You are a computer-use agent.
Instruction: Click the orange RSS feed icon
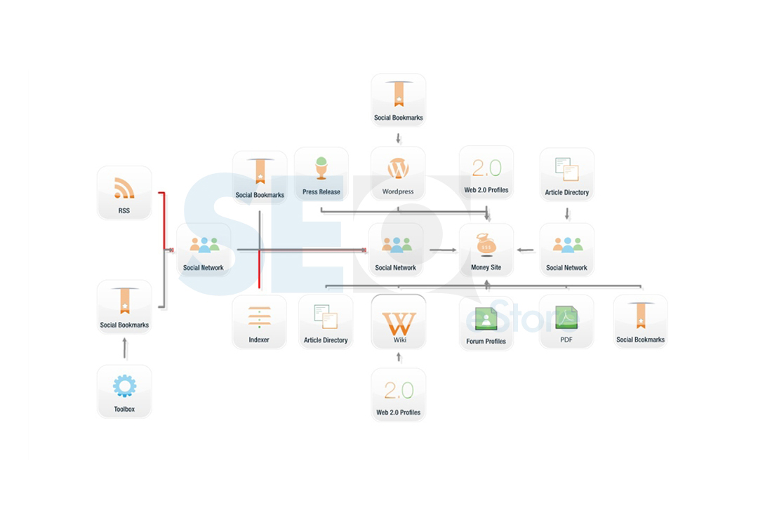pos(124,188)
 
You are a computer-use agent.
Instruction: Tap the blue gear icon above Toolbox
pos(125,386)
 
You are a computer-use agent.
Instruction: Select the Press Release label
pos(321,192)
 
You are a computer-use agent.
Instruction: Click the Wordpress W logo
pos(399,169)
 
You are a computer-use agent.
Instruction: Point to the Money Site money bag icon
pos(486,245)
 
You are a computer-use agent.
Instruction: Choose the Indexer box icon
pos(260,317)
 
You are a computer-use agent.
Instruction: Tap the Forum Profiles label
pos(486,341)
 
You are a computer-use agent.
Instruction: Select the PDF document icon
pos(566,318)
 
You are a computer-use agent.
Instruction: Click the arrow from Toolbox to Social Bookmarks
pos(125,348)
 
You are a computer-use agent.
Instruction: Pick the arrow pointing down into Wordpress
pos(399,139)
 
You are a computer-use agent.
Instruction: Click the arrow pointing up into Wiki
pos(399,357)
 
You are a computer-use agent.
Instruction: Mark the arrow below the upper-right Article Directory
pos(567,214)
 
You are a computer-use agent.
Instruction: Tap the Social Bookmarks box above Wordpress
pos(399,100)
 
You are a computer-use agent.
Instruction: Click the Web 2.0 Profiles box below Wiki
pos(399,394)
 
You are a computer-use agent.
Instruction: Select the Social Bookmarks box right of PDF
pos(641,321)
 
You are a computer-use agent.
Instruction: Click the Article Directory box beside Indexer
pos(326,322)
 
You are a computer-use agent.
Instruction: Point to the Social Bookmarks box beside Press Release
pos(260,177)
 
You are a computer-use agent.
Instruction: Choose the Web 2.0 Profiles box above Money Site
pos(486,173)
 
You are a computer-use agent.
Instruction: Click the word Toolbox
pos(124,410)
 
